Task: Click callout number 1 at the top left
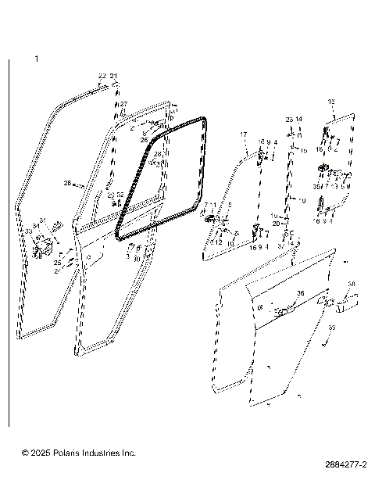tap(35, 59)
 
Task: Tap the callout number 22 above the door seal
tap(102, 76)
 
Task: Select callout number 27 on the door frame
tap(123, 104)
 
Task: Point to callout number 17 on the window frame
tap(243, 135)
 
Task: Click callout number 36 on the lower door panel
tap(300, 294)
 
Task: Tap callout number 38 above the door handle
tap(352, 284)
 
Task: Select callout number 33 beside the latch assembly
tap(28, 232)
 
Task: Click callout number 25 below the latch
tap(57, 263)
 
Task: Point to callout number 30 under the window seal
tap(137, 259)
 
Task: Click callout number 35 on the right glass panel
tap(317, 188)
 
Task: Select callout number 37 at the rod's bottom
tap(281, 245)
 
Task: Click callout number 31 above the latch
tap(43, 220)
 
